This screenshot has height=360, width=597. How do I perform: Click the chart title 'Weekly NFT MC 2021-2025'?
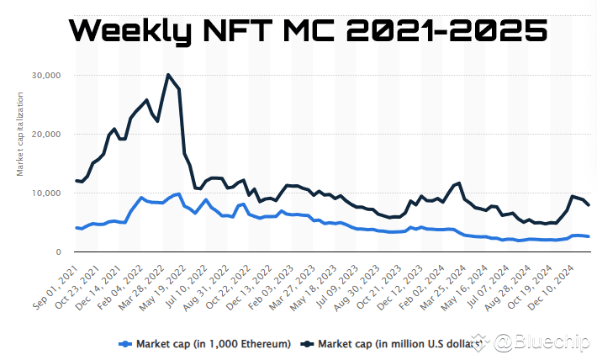pos(309,30)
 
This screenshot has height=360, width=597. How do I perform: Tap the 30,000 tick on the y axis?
pos(46,76)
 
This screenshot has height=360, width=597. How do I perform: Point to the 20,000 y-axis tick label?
pos(46,134)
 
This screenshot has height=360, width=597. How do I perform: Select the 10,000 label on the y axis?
pos(46,193)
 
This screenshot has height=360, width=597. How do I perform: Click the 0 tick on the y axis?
pos(58,251)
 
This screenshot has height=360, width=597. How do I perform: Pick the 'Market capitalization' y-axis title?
pos(20,134)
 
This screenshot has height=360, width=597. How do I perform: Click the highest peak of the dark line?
pos(168,75)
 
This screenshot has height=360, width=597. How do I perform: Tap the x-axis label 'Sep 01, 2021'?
pos(56,289)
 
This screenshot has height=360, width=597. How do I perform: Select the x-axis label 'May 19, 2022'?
pos(162,289)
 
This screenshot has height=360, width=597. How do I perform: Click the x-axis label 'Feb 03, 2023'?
pos(270,289)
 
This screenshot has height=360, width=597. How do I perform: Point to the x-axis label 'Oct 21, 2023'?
pos(379,289)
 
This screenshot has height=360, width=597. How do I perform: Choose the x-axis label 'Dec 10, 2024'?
pos(551,289)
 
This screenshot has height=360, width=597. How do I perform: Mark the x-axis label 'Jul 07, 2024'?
pos(488,289)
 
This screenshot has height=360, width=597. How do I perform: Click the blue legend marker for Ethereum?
pos(125,344)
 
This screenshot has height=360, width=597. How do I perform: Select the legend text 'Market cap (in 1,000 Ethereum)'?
pos(214,344)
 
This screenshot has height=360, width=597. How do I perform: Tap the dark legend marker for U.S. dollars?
pos(307,344)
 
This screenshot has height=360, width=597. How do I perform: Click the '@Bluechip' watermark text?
pos(542,341)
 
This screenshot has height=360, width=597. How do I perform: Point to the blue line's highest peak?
pos(179,194)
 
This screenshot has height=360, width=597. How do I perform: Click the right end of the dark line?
pos(589,205)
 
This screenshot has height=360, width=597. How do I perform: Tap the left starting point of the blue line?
pos(77,228)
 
